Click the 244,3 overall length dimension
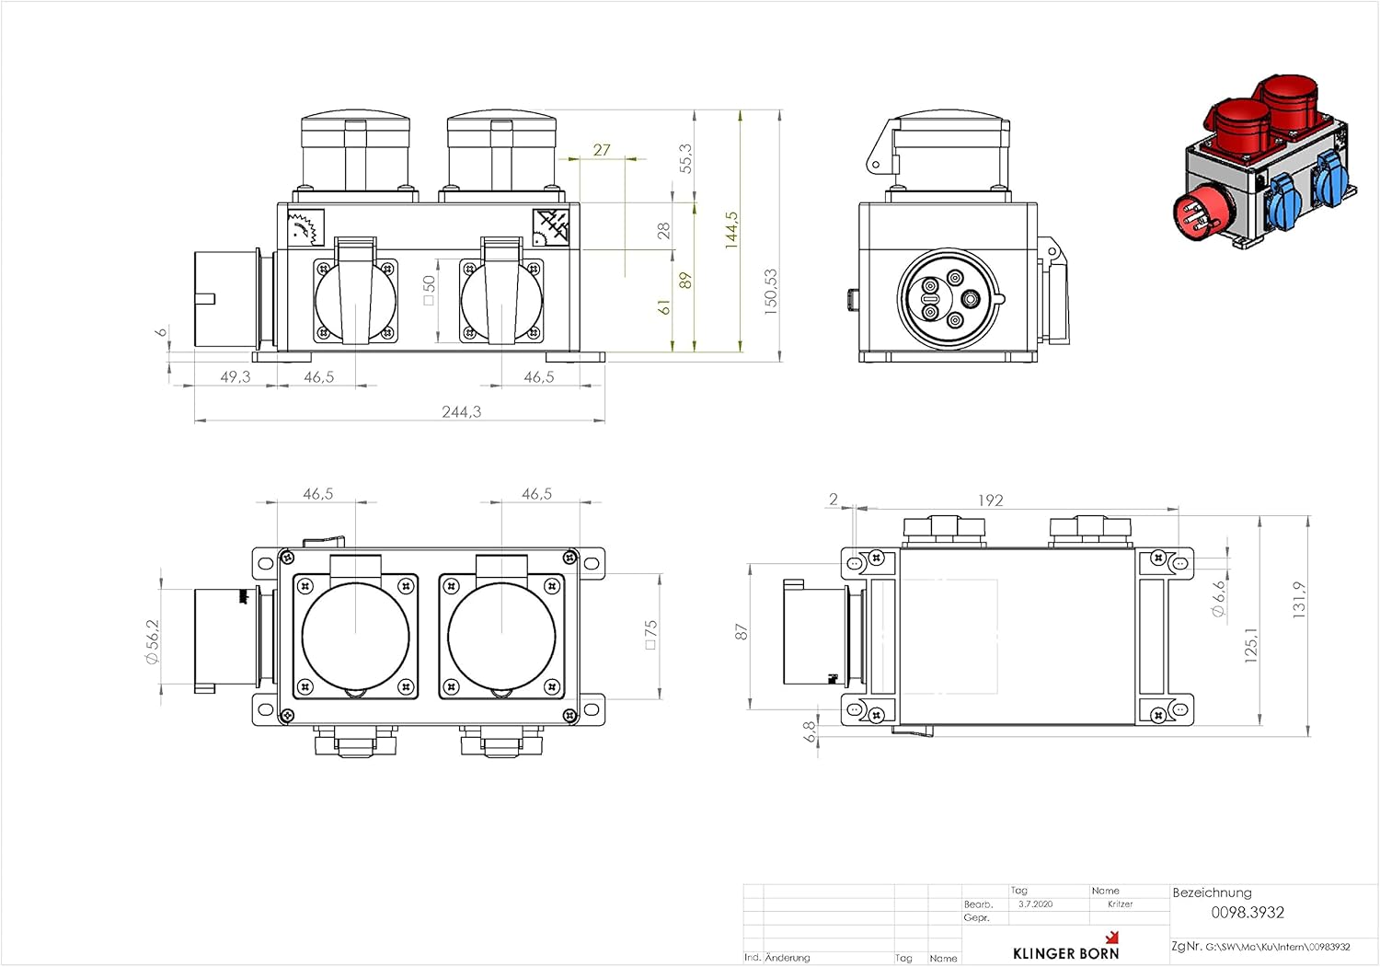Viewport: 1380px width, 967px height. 462,411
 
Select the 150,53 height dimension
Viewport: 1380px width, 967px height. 770,293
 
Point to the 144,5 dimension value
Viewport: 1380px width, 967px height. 731,230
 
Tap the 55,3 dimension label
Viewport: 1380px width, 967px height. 685,158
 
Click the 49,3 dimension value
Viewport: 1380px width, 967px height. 236,376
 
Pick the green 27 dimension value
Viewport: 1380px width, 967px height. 602,150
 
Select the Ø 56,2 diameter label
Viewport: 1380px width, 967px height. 152,641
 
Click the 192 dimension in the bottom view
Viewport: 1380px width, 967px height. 990,501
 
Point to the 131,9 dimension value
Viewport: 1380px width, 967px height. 1299,600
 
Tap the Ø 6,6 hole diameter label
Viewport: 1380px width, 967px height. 1218,598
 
